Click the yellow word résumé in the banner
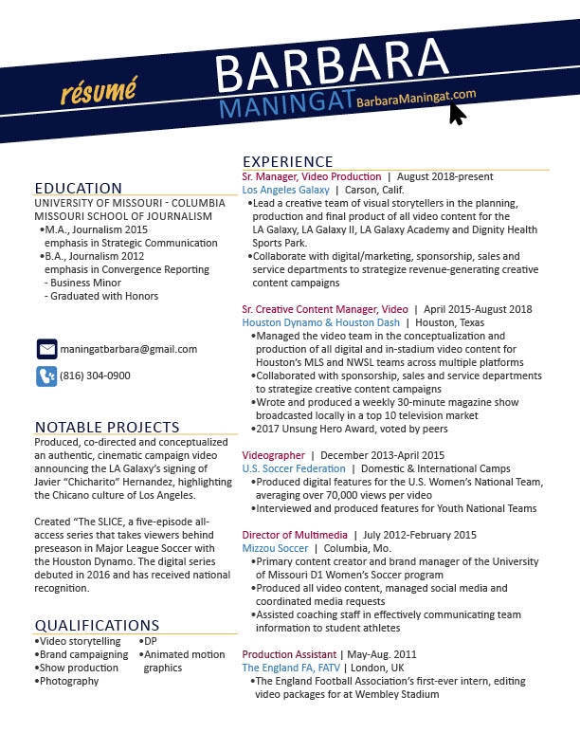coord(98,93)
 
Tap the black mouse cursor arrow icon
coord(457,114)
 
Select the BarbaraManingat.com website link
coord(416,99)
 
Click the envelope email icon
coord(46,349)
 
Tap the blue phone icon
coord(46,375)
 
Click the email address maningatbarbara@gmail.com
coord(129,349)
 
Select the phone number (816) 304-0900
coord(95,375)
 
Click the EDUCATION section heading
coord(79,188)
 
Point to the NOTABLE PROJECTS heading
coord(107,427)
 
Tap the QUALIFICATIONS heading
coord(97,625)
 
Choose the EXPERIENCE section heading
coord(288,162)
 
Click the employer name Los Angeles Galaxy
coord(286,190)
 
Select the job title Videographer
coord(274,455)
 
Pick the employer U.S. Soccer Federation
coord(294,468)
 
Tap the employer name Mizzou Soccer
coord(275,548)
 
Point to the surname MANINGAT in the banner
coord(286,105)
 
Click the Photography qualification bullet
coord(69,681)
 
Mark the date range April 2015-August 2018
coord(478,309)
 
